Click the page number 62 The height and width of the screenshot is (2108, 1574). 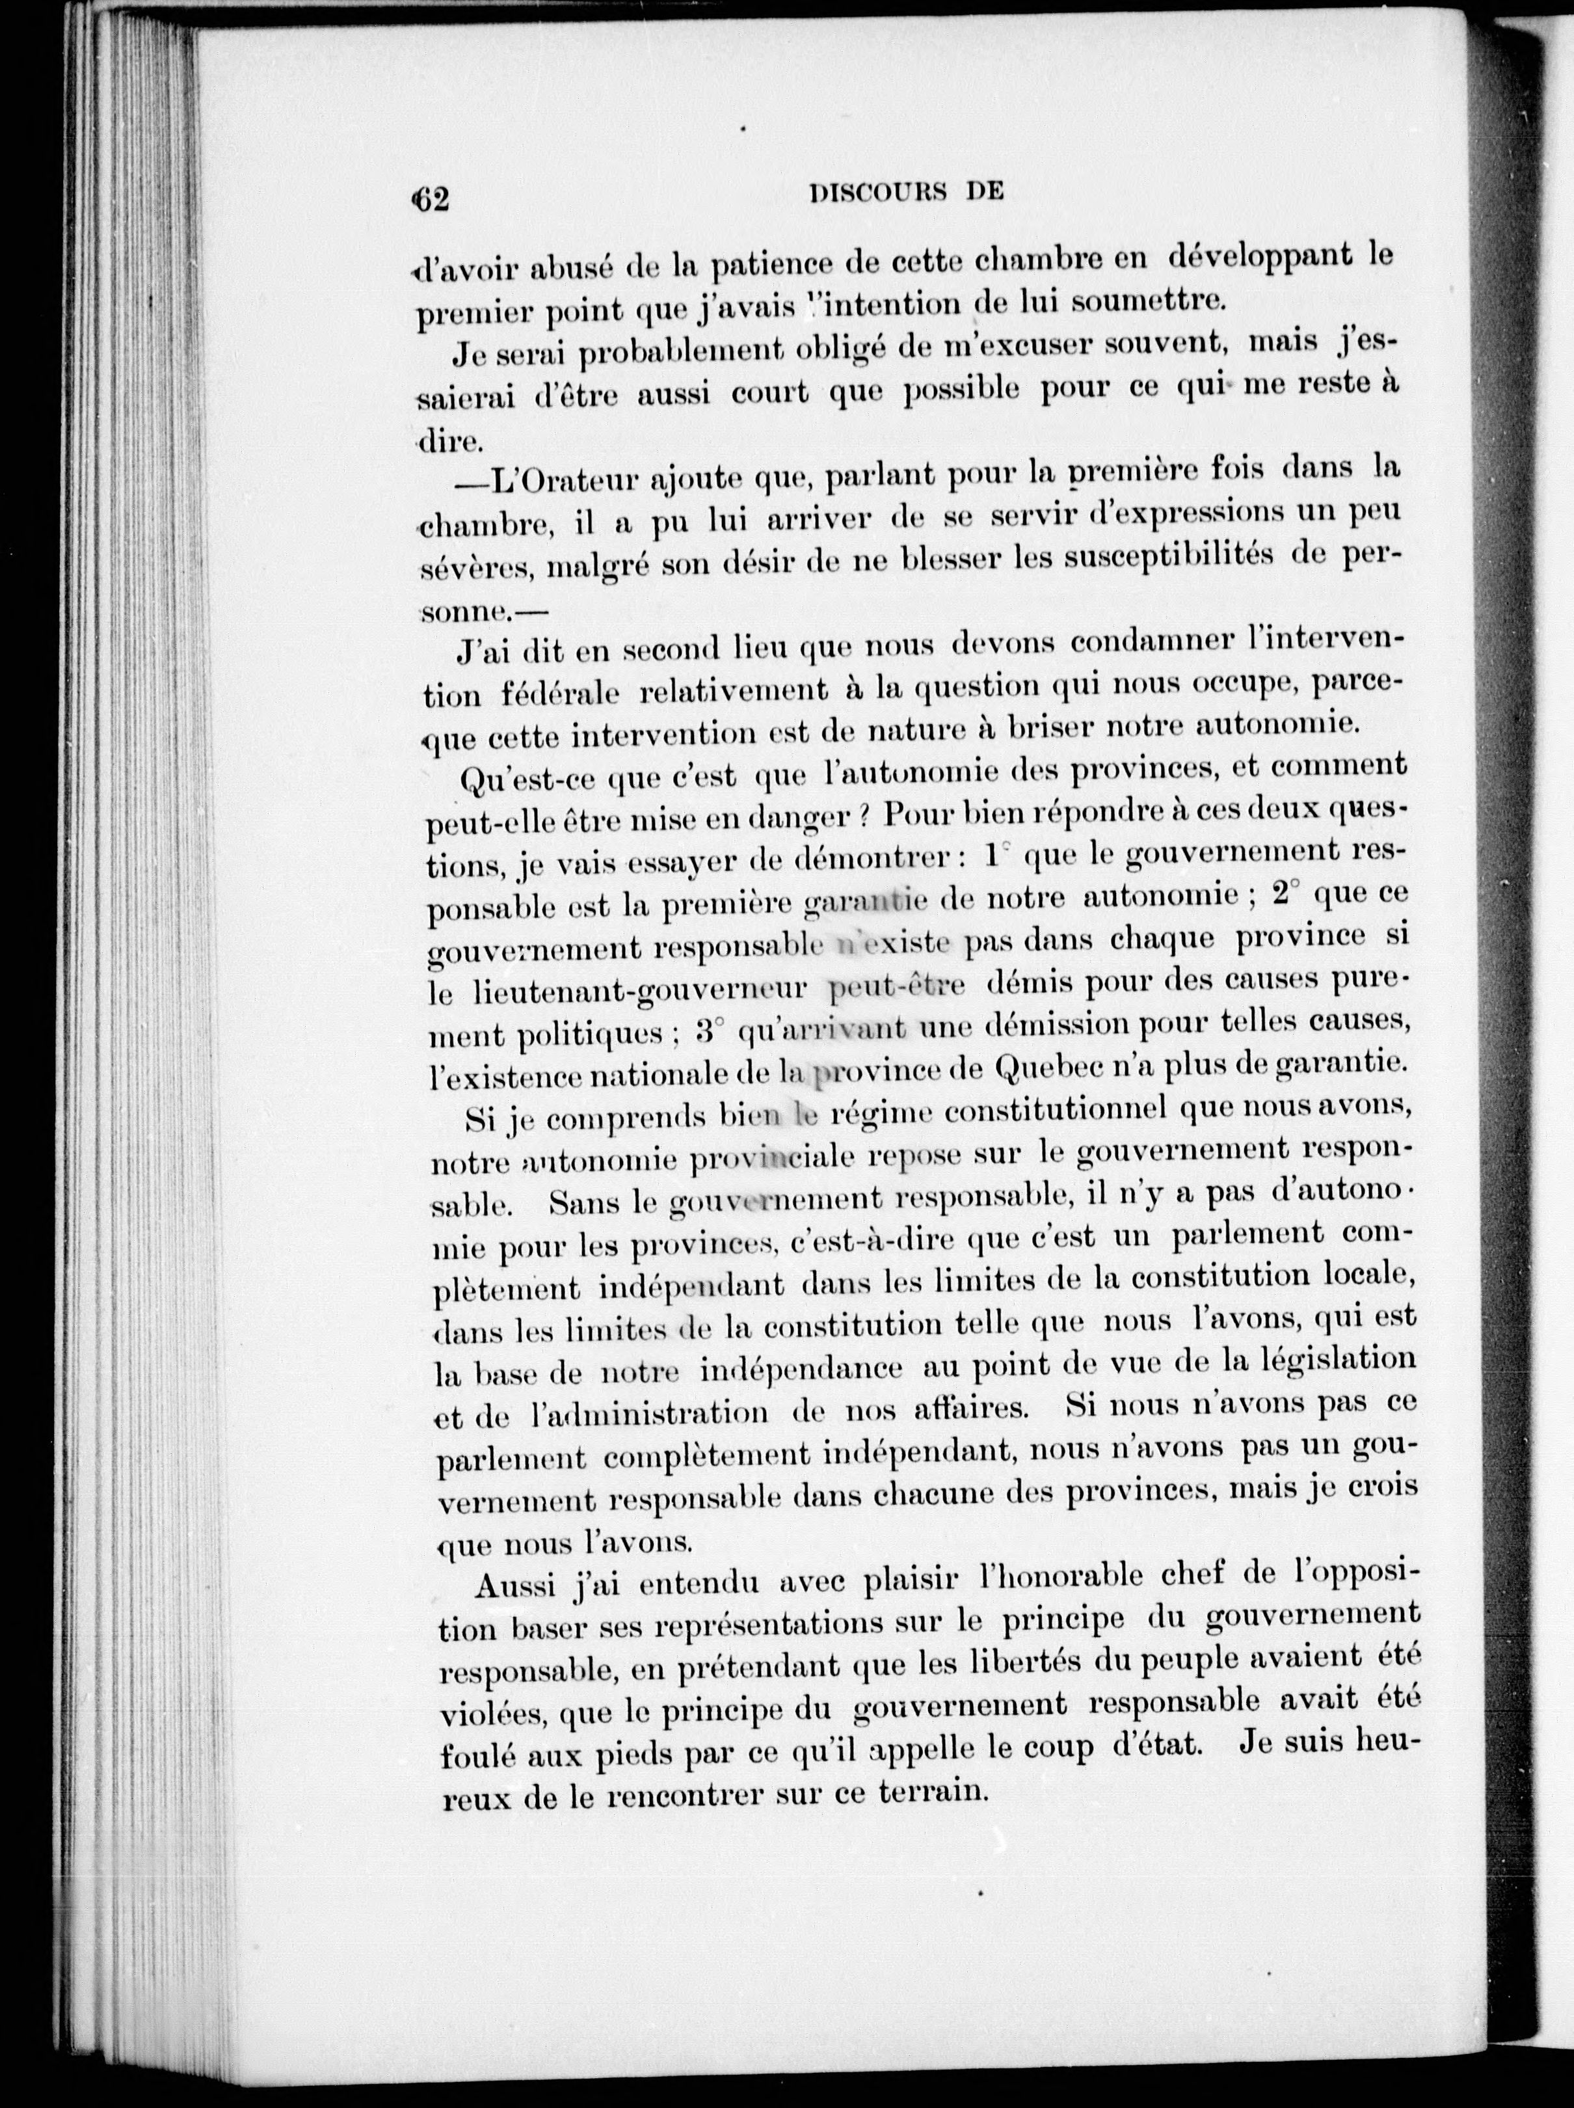[x=430, y=199]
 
